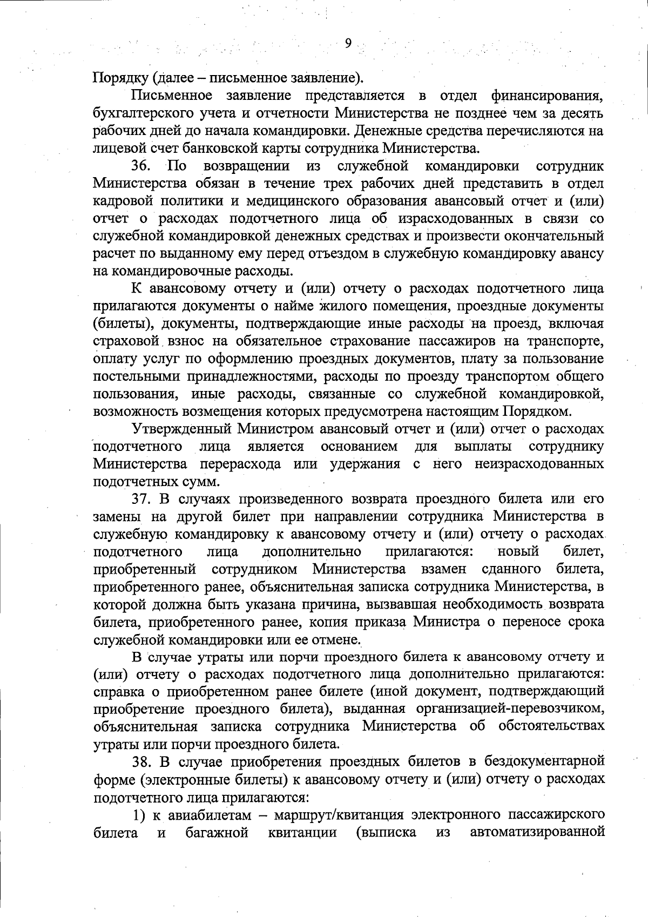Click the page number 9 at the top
pos(348,44)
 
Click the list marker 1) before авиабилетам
pos(139,815)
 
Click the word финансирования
pos(547,96)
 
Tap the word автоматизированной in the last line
pos(537,833)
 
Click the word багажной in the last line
pos(217,833)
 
